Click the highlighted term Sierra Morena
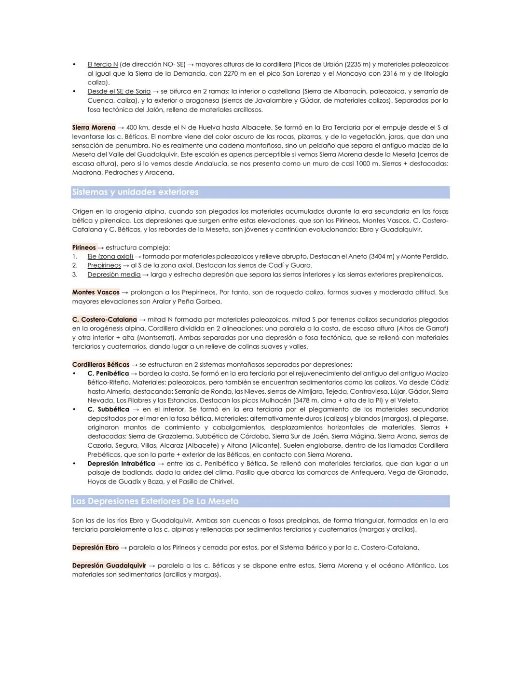coord(94,127)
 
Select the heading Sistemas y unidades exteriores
coord(135,192)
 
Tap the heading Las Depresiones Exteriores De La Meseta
coord(155,501)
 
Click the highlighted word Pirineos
coord(84,248)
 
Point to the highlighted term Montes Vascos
coord(96,292)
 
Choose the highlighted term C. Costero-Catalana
coord(105,319)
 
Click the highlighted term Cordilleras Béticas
coord(101,364)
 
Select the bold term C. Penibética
coord(108,373)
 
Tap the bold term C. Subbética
coord(108,409)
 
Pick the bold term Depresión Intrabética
coord(121,463)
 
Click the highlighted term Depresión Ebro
coord(96,548)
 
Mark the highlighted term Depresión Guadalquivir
coord(109,565)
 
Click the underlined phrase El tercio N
coord(102,64)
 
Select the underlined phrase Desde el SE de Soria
coord(119,91)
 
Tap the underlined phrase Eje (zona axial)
coord(110,256)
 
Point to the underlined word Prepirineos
coord(104,265)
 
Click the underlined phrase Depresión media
coord(114,275)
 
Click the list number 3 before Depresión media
coord(75,275)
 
